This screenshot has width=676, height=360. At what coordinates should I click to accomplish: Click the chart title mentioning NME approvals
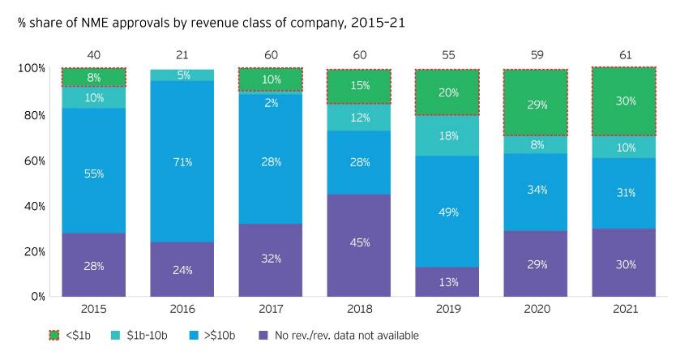coord(211,23)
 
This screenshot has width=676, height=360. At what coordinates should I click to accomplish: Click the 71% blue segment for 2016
coord(182,162)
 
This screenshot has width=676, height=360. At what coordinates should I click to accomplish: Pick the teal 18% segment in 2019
coord(448,135)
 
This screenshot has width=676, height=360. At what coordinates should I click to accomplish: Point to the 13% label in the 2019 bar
coord(448,281)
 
